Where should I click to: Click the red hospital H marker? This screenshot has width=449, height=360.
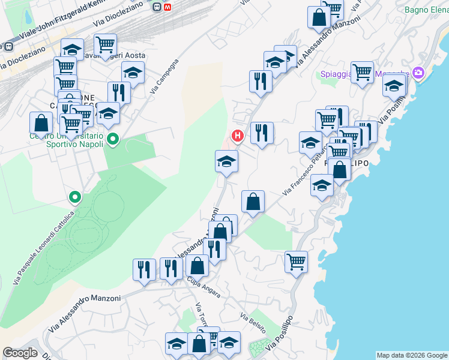(x=238, y=136)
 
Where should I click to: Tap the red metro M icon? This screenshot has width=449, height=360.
(x=167, y=7)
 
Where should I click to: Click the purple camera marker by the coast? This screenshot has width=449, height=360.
(x=418, y=74)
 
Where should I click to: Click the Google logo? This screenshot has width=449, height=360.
(x=20, y=353)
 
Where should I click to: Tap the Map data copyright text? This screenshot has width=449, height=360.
(x=412, y=355)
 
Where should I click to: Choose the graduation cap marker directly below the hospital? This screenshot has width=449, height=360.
(x=226, y=161)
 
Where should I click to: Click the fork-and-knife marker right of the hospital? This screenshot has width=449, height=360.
(x=262, y=133)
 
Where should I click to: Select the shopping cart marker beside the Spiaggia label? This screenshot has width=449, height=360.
(x=362, y=72)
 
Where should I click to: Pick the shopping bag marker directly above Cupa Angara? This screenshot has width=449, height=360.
(x=197, y=265)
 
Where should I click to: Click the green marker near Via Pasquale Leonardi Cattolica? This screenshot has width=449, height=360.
(x=75, y=196)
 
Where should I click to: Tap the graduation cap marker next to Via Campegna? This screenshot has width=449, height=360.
(x=133, y=73)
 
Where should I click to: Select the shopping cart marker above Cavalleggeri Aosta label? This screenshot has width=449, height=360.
(x=105, y=44)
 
